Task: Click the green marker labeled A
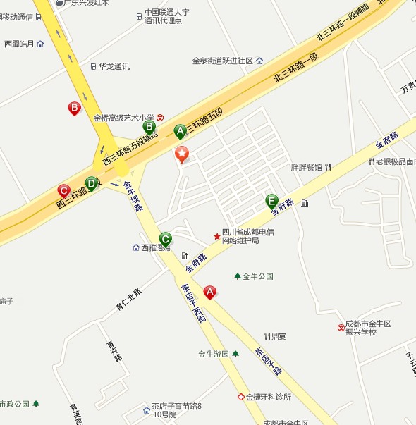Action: [180, 131]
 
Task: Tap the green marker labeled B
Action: [149, 127]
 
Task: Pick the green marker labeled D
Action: [91, 183]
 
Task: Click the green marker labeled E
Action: [271, 201]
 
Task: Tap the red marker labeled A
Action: [209, 292]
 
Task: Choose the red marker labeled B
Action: [73, 109]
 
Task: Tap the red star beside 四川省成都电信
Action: [217, 236]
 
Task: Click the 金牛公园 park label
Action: [257, 276]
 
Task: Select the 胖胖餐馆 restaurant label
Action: [307, 167]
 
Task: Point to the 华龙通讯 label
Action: [114, 66]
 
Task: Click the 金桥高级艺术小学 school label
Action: [124, 118]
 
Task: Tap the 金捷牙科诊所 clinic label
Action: [269, 397]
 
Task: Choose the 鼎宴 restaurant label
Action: [279, 336]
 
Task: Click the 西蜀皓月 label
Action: [19, 44]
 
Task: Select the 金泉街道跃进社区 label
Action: [223, 61]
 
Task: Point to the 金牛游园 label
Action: [214, 354]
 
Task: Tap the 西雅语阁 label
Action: [156, 247]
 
